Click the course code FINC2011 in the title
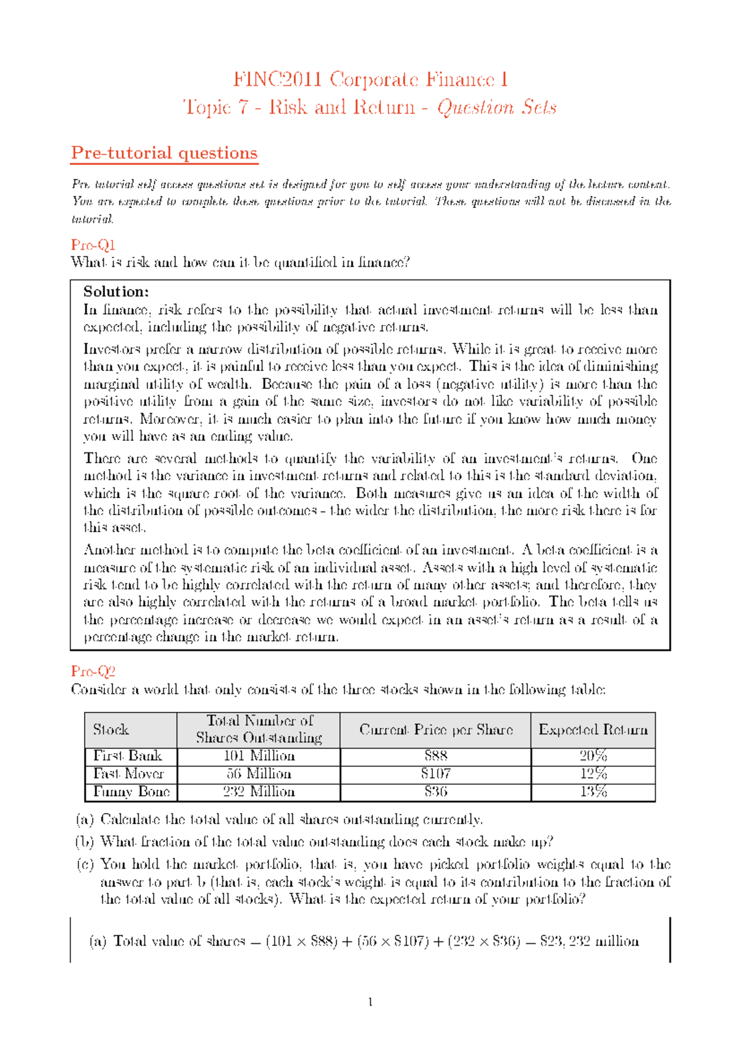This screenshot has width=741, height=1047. pos(277,80)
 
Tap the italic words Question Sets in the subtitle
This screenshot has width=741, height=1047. pos(496,107)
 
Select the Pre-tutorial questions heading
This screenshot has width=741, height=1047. pos(164,152)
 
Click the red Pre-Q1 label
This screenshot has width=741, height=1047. pos(93,244)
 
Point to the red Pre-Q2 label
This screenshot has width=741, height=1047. pos(93,671)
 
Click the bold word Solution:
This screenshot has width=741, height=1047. pos(116,291)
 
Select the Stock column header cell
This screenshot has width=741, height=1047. pos(111,730)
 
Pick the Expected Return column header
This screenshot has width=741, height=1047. pos(593,730)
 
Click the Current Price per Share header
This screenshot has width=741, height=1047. pos(436,730)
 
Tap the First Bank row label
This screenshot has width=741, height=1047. pos(127,756)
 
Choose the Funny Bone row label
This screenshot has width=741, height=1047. pos(131,791)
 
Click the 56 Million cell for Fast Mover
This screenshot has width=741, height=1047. pos(259,774)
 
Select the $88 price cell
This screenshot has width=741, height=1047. pos(436,756)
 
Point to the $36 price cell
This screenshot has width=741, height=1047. pos(436,791)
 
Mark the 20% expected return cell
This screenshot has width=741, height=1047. pos(593,756)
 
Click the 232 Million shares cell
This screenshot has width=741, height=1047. pos(259,791)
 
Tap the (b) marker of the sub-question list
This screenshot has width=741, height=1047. pos(84,841)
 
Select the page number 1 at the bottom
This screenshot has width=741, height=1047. pos(371,1002)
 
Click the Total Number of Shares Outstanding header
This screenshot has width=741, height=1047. pos(259,729)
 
